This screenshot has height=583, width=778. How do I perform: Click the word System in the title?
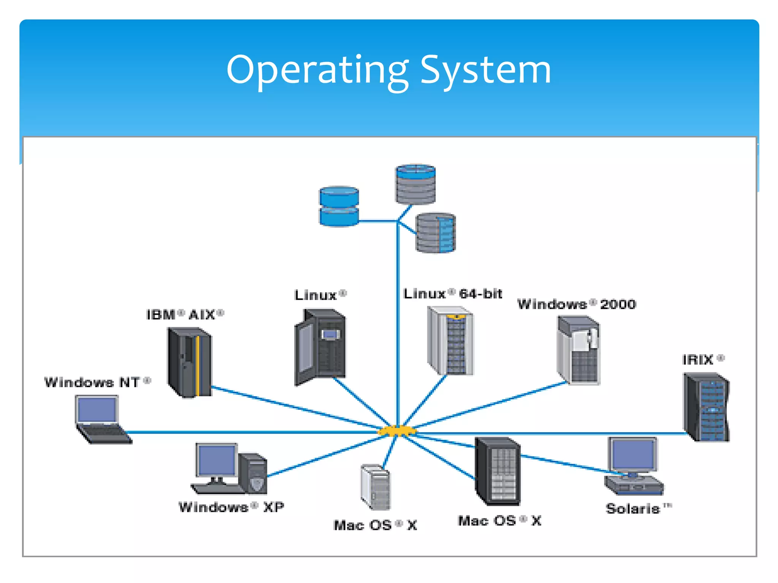tap(485, 70)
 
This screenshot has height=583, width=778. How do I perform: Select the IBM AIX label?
tap(185, 315)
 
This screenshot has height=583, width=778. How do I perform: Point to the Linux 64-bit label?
tap(452, 294)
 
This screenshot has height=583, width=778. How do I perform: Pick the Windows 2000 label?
tap(576, 304)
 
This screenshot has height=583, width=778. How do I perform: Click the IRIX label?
tap(703, 359)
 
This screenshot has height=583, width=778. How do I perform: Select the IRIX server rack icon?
tap(707, 407)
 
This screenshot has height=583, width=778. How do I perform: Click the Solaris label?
tap(638, 509)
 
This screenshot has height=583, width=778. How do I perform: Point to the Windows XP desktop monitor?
tap(216, 460)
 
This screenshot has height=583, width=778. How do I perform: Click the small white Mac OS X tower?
tap(375, 487)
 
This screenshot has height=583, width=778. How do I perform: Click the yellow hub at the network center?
tap(397, 431)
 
